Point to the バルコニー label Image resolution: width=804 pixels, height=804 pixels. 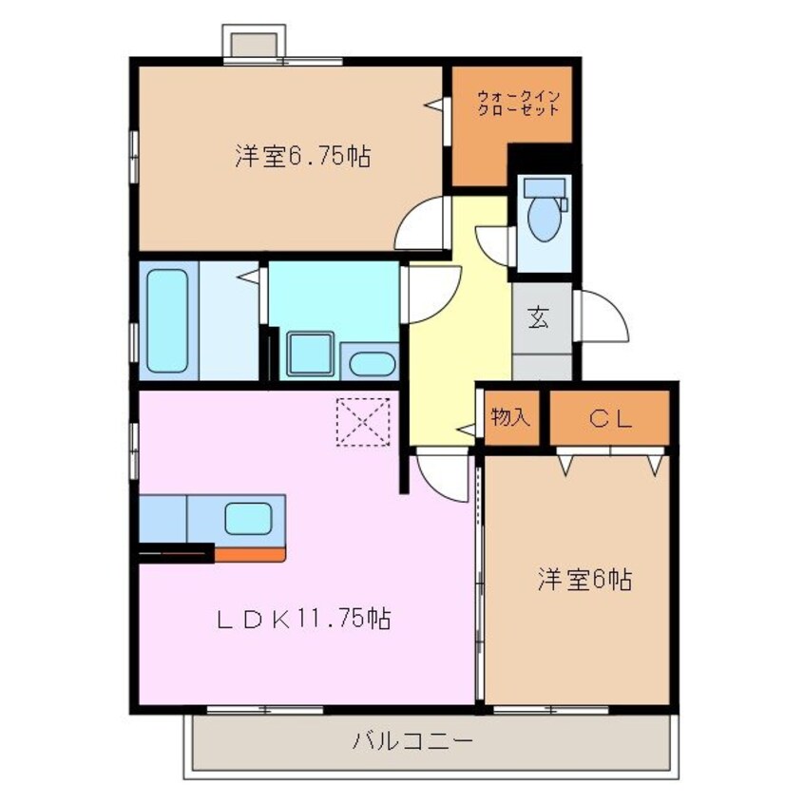click(412, 740)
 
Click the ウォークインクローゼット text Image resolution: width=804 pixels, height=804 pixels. click(518, 102)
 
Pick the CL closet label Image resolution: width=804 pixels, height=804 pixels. click(610, 418)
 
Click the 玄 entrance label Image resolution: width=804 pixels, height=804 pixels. click(538, 318)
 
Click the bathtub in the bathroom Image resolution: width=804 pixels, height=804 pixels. click(167, 319)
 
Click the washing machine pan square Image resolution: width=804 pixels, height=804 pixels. click(310, 355)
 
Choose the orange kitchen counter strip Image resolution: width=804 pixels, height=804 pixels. click(249, 554)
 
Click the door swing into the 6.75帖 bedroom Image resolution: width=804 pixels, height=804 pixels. click(422, 225)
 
